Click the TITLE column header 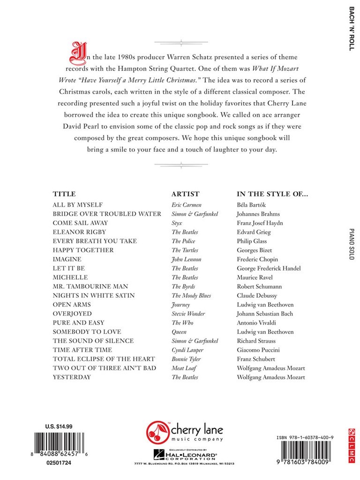point(64,194)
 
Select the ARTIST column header point(186,194)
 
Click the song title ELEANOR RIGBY point(79,232)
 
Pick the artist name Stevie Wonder point(188,314)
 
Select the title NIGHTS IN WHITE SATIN point(94,295)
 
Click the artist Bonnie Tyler point(185,359)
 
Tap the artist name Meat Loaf point(183,368)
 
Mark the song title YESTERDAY point(72,377)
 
